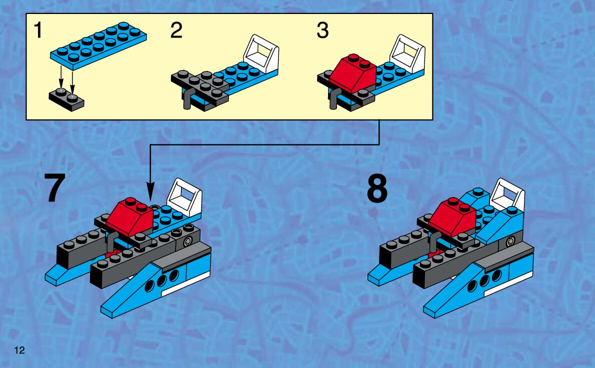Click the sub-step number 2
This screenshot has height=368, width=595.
(x=176, y=31)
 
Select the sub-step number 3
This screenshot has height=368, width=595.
(x=322, y=31)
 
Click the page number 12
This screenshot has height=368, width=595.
(x=19, y=349)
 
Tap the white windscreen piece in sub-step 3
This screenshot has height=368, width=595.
(x=407, y=53)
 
